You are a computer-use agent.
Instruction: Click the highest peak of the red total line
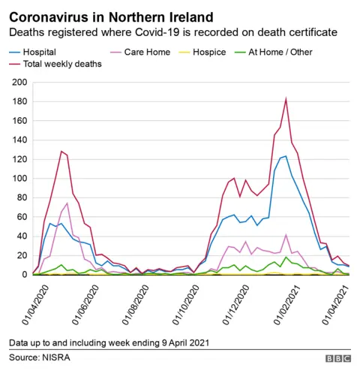pyautogui.click(x=286, y=98)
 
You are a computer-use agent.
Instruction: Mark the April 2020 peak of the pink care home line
pyautogui.click(x=67, y=203)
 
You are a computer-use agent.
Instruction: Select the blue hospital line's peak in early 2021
pyautogui.click(x=285, y=156)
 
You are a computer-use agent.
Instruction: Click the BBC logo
pyautogui.click(x=337, y=359)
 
